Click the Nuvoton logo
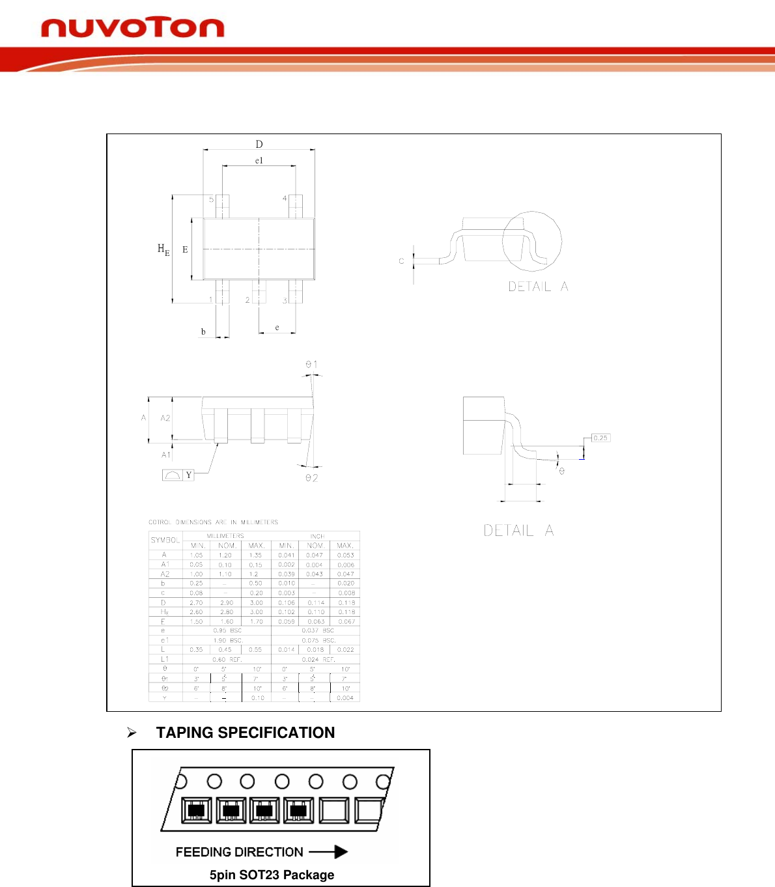[x=133, y=28]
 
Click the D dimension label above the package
[x=259, y=144]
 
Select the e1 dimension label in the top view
[x=259, y=161]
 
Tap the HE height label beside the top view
[x=163, y=249]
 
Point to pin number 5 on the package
[x=211, y=199]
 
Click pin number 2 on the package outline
[x=247, y=300]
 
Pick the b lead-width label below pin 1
[x=203, y=332]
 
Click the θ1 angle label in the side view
[x=312, y=365]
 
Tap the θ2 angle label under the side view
[x=312, y=478]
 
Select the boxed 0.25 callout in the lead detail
[x=600, y=438]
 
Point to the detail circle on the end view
[x=532, y=241]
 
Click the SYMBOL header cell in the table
[x=165, y=540]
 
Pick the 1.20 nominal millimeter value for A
[x=225, y=556]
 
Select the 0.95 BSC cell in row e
[x=227, y=630]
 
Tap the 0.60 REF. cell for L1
[x=227, y=660]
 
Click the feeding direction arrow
[x=328, y=852]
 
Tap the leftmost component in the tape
[x=195, y=811]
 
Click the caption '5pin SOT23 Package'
[x=272, y=875]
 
